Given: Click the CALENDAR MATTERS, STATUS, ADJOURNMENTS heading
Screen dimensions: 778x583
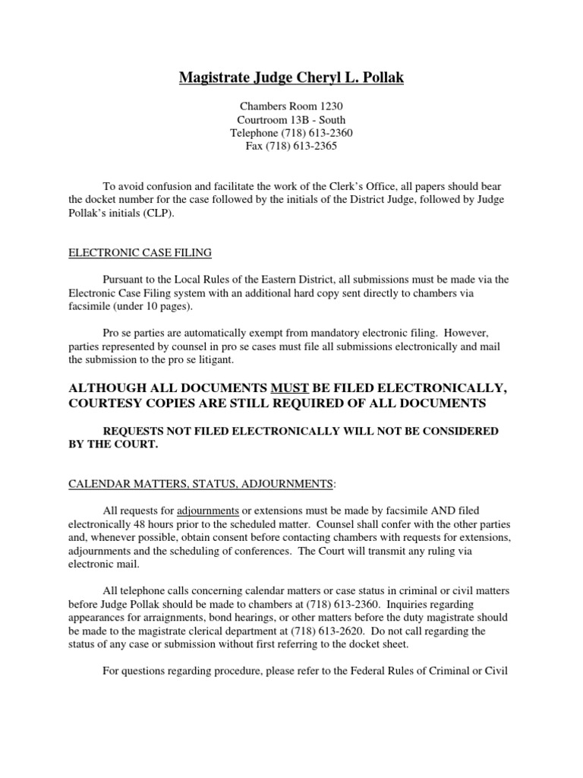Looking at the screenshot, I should (200, 483).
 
